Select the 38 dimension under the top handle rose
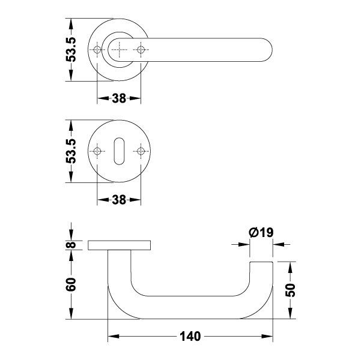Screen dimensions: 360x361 point(119,98)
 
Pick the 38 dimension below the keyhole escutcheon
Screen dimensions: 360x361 point(119,200)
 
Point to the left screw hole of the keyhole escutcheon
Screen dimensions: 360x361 point(97,151)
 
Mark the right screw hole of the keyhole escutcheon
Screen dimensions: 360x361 point(141,151)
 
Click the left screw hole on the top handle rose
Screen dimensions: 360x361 point(97,50)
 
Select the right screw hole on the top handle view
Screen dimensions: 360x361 point(141,50)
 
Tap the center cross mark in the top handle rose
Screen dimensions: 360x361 point(120,50)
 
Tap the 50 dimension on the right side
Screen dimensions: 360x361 point(290,290)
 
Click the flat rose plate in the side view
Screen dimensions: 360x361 point(120,245)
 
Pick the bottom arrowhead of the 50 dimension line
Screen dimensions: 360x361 point(290,315)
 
